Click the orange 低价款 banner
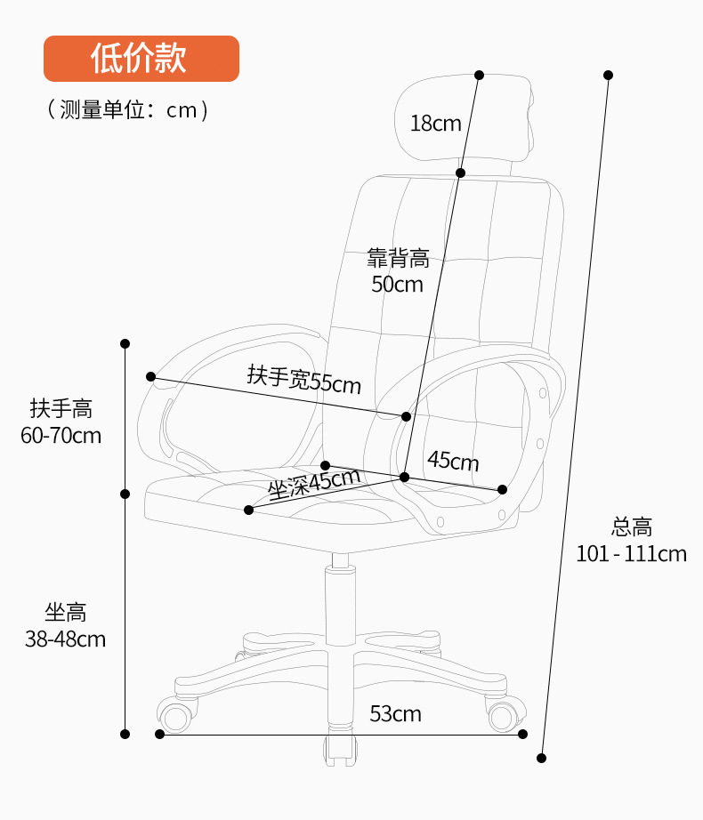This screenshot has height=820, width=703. (x=141, y=59)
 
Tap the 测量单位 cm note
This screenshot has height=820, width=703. (x=128, y=109)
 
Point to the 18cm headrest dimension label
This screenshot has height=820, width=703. (x=435, y=124)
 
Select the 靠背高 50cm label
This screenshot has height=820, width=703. (x=398, y=271)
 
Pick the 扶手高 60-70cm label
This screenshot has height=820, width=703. (x=61, y=422)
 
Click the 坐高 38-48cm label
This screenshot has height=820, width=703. (x=65, y=625)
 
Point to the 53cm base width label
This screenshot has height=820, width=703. (x=395, y=713)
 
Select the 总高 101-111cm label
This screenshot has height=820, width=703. (x=631, y=540)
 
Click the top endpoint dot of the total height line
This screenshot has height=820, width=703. (x=609, y=75)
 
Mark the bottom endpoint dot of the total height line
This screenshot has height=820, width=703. (x=541, y=758)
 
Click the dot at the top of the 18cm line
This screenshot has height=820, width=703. (x=479, y=75)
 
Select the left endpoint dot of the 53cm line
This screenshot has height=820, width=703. (x=160, y=734)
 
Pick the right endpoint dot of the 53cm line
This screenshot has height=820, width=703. (x=522, y=734)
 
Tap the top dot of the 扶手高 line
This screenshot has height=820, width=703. (x=125, y=343)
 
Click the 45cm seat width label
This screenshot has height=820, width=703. (x=453, y=461)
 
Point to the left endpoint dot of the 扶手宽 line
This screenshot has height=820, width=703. (x=151, y=377)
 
